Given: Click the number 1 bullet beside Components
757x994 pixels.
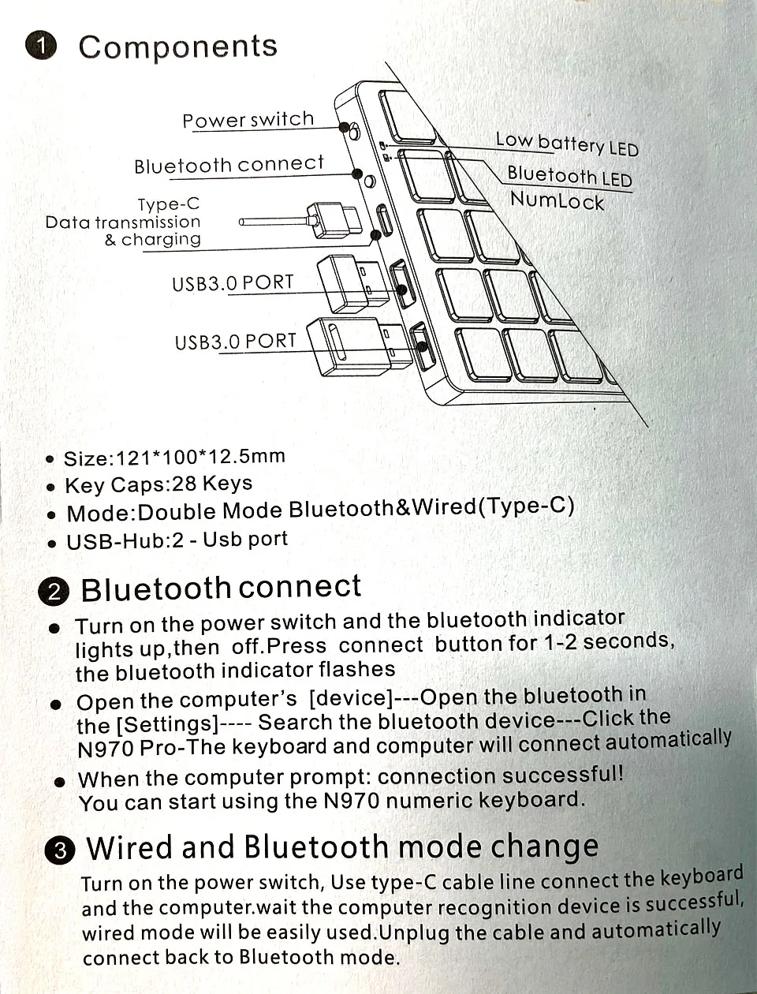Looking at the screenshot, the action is tap(41, 46).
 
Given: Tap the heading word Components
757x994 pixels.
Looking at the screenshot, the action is tap(178, 47).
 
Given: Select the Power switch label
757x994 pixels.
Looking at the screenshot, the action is tap(248, 120).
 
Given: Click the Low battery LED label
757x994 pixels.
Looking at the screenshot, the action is tap(567, 144).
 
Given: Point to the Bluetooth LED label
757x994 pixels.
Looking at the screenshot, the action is tap(569, 176).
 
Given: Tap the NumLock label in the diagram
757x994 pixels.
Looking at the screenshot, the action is tap(557, 200).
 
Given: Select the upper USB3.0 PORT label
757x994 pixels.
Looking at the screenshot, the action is tap(233, 283).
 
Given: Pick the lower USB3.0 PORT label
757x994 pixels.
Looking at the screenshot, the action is tap(235, 342).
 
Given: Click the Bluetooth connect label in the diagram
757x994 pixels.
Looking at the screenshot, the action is tap(229, 165).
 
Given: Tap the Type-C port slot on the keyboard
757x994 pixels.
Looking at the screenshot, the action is tap(384, 220).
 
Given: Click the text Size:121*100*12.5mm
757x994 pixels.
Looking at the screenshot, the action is tap(174, 458).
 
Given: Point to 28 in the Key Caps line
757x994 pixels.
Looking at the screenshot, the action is tap(184, 484).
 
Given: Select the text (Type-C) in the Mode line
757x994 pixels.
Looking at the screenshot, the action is tap(526, 506).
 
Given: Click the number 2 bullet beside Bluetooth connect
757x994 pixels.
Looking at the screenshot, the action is tap(54, 592).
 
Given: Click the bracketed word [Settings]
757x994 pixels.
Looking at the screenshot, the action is tap(167, 724).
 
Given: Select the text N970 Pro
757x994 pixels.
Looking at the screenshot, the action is tap(128, 749).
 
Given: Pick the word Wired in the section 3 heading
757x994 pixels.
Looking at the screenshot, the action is tap(129, 847).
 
